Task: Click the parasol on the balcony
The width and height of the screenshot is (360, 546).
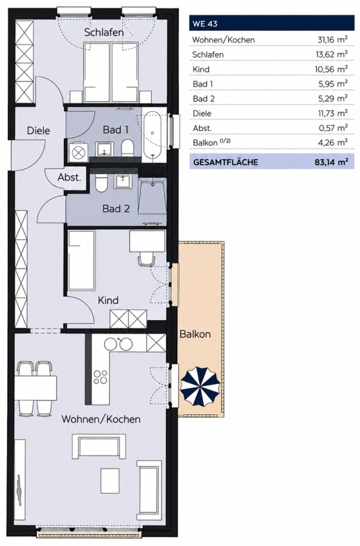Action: (200, 386)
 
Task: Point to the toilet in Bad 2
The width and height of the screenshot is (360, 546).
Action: (102, 183)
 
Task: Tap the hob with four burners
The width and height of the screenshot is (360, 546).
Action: (100, 377)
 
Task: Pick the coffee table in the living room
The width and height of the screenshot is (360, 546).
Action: (110, 480)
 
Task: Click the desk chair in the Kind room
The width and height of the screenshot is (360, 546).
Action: (146, 259)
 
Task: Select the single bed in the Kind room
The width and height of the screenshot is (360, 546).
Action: (81, 260)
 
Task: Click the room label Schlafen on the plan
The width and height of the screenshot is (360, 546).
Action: (104, 32)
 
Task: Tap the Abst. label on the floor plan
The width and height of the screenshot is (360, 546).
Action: (69, 177)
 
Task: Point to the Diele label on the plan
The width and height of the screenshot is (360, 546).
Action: (38, 130)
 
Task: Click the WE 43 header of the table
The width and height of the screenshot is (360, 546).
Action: (205, 24)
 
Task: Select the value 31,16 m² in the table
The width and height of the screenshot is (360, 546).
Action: (332, 39)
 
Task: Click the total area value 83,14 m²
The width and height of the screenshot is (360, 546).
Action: (331, 162)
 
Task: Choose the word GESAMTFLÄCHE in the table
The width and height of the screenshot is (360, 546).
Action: (225, 162)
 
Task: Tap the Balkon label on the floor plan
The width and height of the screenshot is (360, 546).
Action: (195, 334)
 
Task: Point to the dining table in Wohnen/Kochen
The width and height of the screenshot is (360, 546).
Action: (36, 388)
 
